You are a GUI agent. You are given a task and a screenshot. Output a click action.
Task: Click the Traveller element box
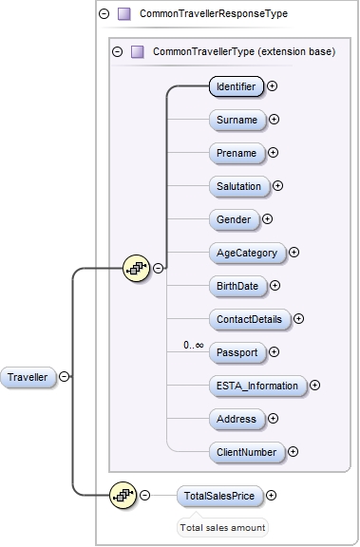[x=28, y=376]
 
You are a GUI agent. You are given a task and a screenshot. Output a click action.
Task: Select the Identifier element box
[x=236, y=86]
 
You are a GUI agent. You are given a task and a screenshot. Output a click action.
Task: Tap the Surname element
[x=237, y=120]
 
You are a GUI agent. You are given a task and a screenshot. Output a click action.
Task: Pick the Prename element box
[x=236, y=153]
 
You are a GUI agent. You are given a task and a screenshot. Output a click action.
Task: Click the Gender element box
[x=234, y=219]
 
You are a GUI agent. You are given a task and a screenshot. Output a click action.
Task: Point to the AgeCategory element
[x=247, y=253]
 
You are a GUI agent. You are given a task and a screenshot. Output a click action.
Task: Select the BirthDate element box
[x=237, y=286]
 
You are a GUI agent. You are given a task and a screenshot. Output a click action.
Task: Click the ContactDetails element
[x=250, y=319]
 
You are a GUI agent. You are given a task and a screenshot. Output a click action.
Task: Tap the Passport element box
[x=237, y=352]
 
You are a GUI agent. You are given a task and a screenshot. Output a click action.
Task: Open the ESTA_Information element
[x=257, y=386]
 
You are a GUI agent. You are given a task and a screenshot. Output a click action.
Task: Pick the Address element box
[x=237, y=419]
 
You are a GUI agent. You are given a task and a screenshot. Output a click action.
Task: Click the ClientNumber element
[x=246, y=452]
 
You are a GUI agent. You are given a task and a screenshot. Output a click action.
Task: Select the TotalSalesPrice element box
[x=219, y=495]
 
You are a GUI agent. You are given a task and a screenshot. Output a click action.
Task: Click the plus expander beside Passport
[x=275, y=352]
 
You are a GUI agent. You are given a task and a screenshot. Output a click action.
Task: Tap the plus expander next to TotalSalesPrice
[x=272, y=495]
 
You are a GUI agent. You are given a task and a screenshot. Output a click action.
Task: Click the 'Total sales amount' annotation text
[x=222, y=527]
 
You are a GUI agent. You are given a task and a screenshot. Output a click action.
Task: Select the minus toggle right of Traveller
[x=64, y=376]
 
